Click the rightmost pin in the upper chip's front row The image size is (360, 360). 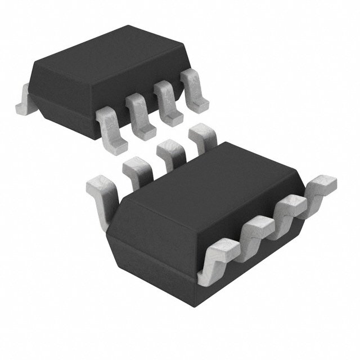tap(193, 90)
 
